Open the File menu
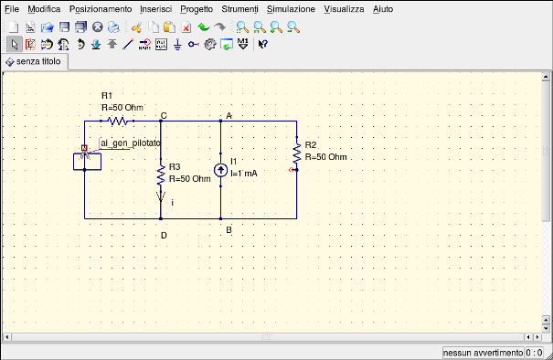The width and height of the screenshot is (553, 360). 11,7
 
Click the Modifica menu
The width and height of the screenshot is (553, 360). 44,7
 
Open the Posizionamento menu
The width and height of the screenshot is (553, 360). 100,7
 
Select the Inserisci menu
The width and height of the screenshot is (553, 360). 155,7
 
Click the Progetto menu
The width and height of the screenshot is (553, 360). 197,7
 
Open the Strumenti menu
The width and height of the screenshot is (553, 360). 239,7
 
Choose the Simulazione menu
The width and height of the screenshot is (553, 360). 291,7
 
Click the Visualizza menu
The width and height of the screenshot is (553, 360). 344,7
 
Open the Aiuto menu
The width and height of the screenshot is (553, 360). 382,7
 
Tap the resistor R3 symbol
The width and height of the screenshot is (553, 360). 161,173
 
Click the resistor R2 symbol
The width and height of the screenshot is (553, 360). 296,152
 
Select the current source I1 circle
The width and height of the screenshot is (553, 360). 220,170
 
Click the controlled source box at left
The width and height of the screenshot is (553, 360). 87,162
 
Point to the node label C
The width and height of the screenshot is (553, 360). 163,115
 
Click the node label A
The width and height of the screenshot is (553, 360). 229,115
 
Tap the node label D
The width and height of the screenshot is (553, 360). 163,235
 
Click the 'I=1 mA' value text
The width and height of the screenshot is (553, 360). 243,173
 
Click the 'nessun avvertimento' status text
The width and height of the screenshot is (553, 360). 483,352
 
